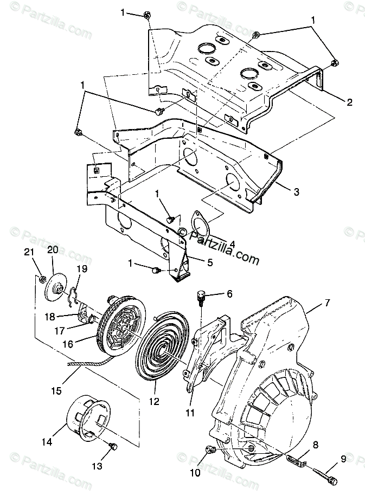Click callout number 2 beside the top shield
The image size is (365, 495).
(x=349, y=101)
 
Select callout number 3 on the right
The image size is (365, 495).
(x=297, y=191)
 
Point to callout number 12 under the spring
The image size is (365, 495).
(x=154, y=402)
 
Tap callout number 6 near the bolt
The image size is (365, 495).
(x=229, y=294)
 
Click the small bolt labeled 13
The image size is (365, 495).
(x=114, y=446)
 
